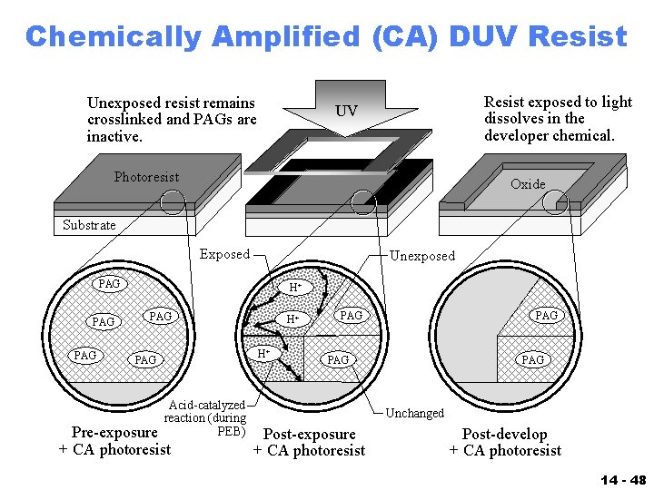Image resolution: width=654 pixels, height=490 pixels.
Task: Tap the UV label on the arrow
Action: pyautogui.click(x=346, y=112)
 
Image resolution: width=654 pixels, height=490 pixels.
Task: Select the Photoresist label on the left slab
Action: pyautogui.click(x=146, y=177)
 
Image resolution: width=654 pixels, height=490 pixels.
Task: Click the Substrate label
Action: pyautogui.click(x=89, y=225)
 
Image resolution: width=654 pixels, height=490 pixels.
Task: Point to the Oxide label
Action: pyautogui.click(x=528, y=184)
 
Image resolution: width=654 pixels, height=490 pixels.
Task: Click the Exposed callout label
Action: pyautogui.click(x=223, y=254)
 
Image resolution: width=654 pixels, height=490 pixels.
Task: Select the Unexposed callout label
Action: pyautogui.click(x=421, y=256)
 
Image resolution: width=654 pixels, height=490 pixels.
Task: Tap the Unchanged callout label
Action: pyautogui.click(x=415, y=413)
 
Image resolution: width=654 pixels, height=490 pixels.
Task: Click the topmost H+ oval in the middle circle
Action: pyautogui.click(x=295, y=288)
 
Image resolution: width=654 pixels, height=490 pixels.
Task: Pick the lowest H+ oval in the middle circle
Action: pyautogui.click(x=263, y=353)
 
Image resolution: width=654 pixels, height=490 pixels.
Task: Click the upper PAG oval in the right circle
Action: pyautogui.click(x=546, y=315)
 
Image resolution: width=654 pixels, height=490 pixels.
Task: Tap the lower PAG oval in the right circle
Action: pyautogui.click(x=532, y=360)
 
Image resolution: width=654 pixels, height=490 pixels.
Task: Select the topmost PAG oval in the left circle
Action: pyautogui.click(x=109, y=284)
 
